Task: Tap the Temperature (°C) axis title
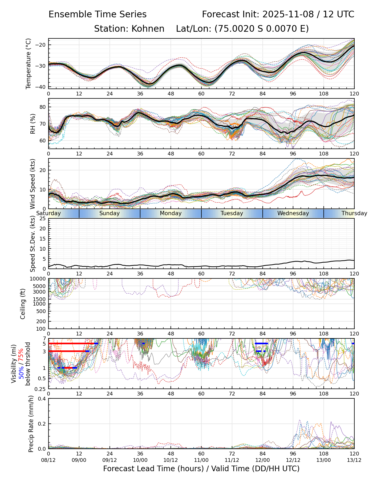coord(29,63)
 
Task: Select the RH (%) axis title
coord(33,123)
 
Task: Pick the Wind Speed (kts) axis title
coord(33,184)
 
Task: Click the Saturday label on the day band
coord(48,213)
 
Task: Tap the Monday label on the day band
coord(171,213)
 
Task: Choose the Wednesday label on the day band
coord(293,213)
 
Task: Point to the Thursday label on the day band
coord(354,213)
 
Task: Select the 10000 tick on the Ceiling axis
coord(39,279)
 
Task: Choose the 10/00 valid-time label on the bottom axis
coord(140,460)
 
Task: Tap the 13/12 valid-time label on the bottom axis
coord(354,460)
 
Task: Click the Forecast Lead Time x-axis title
coord(201,469)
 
